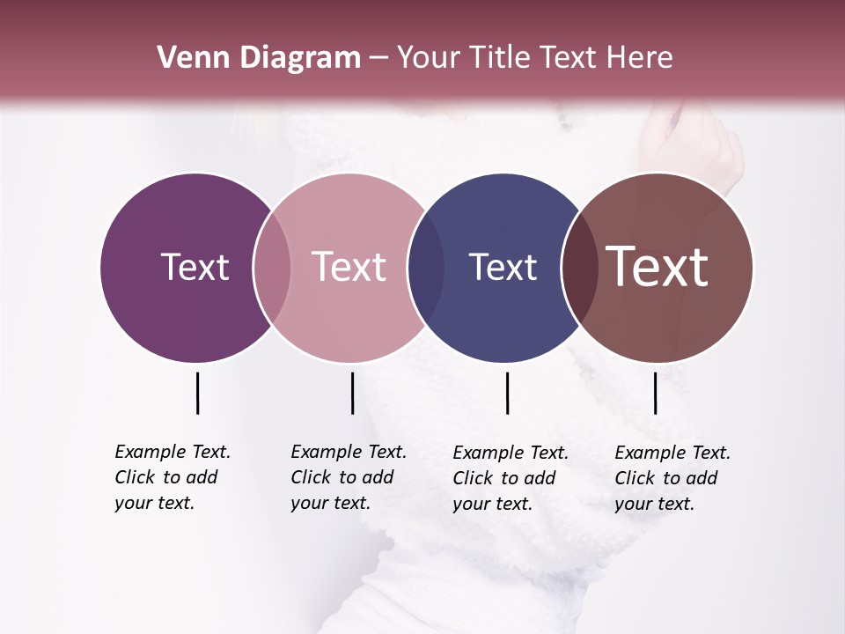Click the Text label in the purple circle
point(195,267)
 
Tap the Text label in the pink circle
point(349,267)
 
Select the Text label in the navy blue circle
point(503,267)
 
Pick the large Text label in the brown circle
point(658,267)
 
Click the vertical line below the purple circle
point(197,393)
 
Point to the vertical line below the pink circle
point(352,393)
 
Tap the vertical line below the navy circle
point(507,393)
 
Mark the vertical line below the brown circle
point(655,393)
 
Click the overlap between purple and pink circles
point(272,267)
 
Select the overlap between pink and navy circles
point(426,267)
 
